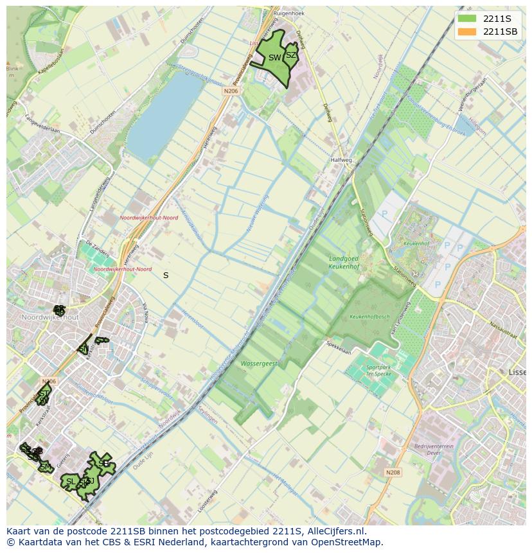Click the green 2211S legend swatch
point(467,18)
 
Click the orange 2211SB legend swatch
point(467,31)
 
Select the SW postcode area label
point(274,58)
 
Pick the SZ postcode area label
point(291,55)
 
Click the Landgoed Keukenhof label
point(333,261)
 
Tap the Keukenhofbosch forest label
point(369,317)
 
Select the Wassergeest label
point(259,364)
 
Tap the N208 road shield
point(393,473)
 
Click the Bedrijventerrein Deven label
point(431,449)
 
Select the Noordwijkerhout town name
point(49,317)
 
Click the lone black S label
point(166,275)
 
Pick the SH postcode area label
point(103,463)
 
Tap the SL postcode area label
point(71,482)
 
